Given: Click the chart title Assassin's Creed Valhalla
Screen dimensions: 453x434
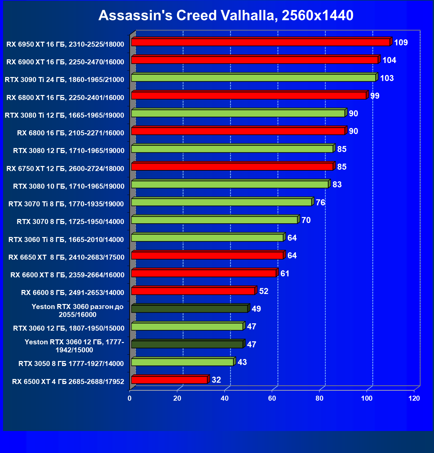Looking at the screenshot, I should click(226, 15).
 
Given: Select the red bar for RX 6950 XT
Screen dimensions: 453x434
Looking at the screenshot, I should click(260, 42).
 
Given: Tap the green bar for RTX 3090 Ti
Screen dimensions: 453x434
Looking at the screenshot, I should click(253, 78).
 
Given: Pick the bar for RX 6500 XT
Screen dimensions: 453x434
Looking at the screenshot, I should click(169, 380).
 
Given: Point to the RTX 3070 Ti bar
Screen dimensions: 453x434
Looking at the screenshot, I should click(222, 202).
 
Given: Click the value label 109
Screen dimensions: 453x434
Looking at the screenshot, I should click(401, 43).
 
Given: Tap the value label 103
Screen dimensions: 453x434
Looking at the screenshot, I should click(387, 78).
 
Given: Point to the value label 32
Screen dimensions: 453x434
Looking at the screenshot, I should click(216, 380).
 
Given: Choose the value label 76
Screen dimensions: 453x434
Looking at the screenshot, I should click(320, 203).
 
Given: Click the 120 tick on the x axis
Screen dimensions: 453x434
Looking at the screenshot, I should click(414, 398).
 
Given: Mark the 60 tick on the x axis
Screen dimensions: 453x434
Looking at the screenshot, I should click(272, 398).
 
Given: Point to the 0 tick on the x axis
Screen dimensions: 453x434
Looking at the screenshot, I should click(130, 398).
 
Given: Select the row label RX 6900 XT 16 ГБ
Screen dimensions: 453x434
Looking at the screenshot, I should click(65, 62).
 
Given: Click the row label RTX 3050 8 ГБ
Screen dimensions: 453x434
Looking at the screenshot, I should click(71, 364).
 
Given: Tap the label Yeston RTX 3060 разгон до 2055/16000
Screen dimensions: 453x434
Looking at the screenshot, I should click(77, 311).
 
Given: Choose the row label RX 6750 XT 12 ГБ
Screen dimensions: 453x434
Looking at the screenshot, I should click(65, 169).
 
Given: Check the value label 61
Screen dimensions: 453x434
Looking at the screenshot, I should click(285, 274).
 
